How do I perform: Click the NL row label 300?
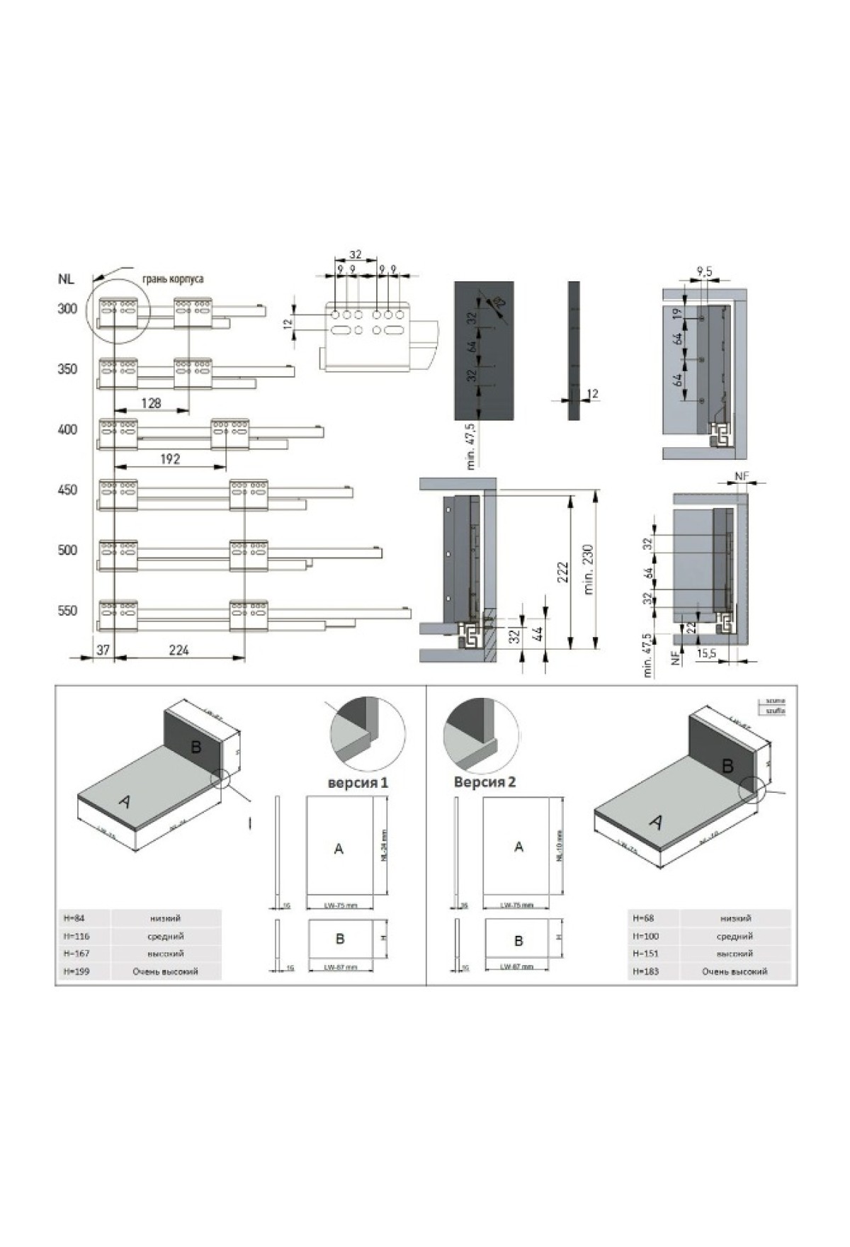[x=67, y=309]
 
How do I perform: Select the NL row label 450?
[x=67, y=490]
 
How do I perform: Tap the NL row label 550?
[x=67, y=611]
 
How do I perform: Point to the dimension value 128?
[x=151, y=402]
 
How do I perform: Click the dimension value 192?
[x=170, y=459]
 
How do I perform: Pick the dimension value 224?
[x=179, y=649]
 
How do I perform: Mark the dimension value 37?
[x=103, y=649]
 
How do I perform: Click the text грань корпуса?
[x=173, y=278]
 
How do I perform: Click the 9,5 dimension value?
[x=704, y=271]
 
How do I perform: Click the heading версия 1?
[x=358, y=783]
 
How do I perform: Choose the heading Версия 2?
[x=484, y=782]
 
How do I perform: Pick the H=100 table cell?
[x=646, y=936]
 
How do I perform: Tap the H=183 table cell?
[x=646, y=971]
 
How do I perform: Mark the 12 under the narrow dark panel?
[x=593, y=394]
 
